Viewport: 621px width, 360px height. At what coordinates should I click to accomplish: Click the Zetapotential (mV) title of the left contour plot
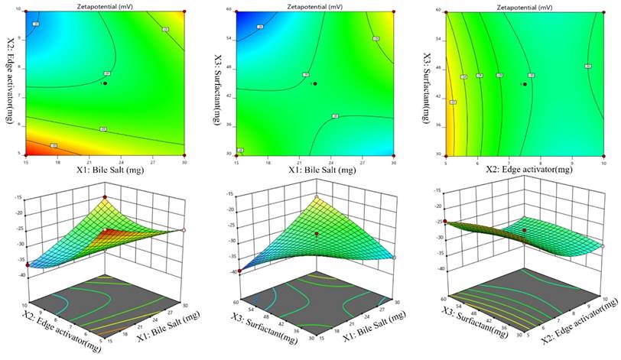coord(102,5)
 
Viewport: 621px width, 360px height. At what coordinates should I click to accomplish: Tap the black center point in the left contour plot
coord(105,83)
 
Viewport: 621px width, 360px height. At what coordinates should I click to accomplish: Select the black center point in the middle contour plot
coord(314,83)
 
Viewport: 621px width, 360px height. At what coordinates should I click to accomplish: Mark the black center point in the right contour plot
coord(524,84)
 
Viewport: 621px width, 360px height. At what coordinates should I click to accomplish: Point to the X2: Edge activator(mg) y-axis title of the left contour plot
coord(10,80)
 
